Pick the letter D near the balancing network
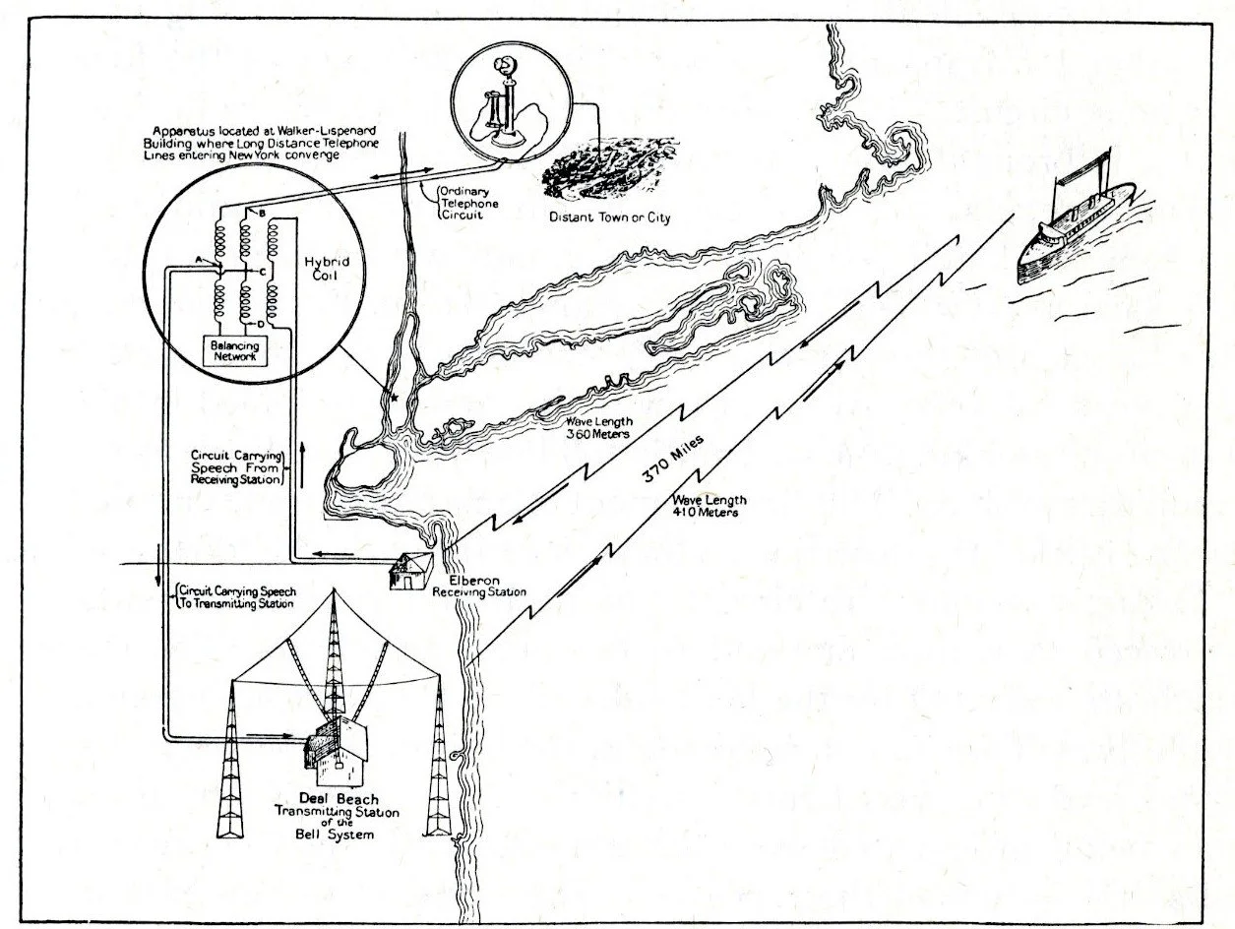(x=259, y=324)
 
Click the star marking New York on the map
(x=394, y=400)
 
